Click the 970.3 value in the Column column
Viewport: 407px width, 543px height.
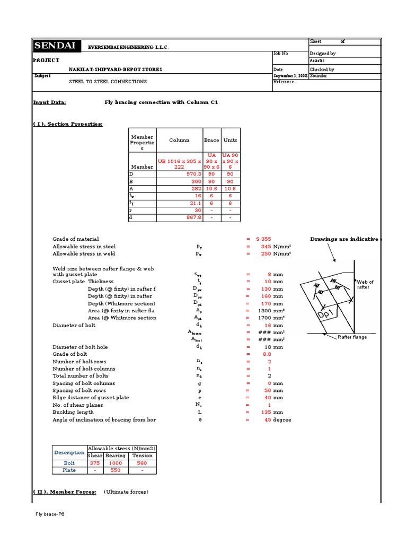click(x=191, y=173)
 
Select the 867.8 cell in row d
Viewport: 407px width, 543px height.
click(x=191, y=217)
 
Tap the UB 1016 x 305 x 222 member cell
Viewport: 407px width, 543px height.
click(x=179, y=163)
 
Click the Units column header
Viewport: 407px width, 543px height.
click(x=230, y=141)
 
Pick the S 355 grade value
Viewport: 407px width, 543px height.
click(x=263, y=239)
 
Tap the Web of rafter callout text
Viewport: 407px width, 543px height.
click(x=365, y=285)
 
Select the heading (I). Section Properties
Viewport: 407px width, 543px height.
click(x=68, y=124)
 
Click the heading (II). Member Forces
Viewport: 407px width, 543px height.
click(x=65, y=492)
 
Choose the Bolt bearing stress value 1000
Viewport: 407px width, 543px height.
click(x=115, y=463)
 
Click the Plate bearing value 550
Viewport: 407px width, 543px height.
click(x=115, y=470)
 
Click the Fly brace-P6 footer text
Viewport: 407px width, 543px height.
click(x=50, y=514)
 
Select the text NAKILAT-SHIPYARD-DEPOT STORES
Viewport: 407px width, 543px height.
click(x=116, y=69)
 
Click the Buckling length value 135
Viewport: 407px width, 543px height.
click(x=266, y=412)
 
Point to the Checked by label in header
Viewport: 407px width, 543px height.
click(x=322, y=69)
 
